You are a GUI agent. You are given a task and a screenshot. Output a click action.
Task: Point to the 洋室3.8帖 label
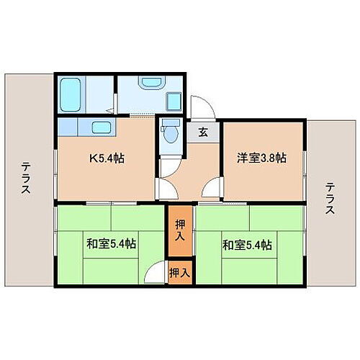[x=261, y=158]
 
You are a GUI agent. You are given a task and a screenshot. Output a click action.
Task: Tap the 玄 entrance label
[x=204, y=132]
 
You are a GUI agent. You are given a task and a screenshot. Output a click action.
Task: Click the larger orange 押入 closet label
[x=180, y=231]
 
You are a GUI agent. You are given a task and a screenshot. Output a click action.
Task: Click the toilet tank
[x=171, y=123]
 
